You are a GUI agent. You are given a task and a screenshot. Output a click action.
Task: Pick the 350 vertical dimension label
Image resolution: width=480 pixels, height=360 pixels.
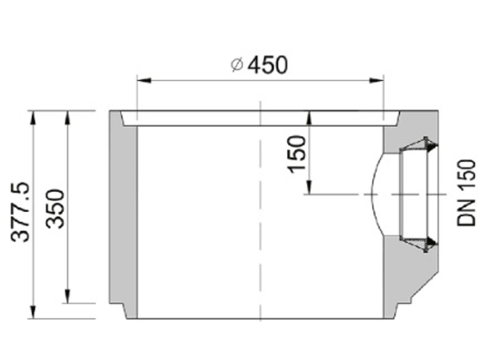(x=56, y=208)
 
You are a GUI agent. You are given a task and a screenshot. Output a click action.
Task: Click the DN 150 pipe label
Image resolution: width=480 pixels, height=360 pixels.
(x=467, y=193)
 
